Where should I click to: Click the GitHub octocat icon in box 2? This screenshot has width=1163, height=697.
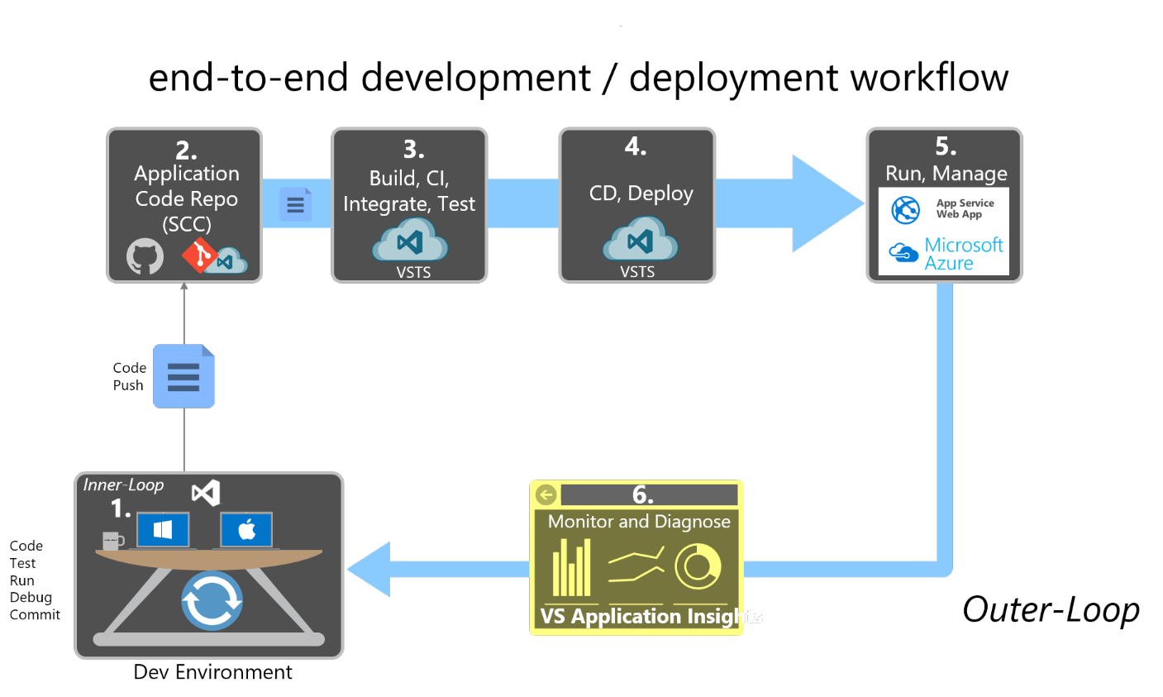pos(145,257)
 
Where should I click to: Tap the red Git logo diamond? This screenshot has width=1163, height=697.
pos(198,255)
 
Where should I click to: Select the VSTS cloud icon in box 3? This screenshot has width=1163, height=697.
pos(410,241)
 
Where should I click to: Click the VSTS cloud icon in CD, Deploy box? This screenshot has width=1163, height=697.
pos(641,241)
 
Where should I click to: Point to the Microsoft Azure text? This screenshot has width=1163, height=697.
pos(963,254)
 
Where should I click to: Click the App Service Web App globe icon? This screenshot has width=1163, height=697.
pos(906,210)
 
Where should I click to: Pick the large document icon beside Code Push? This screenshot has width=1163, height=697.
pos(184,376)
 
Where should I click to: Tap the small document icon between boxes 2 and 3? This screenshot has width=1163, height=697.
pos(295,204)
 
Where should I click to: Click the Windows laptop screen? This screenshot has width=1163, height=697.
pos(163,530)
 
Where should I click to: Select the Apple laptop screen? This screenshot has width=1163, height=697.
pos(246,530)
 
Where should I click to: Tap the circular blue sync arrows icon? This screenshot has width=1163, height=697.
pos(212,600)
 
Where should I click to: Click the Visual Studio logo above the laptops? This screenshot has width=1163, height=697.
pos(206,494)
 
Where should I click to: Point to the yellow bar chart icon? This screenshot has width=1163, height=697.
pos(572,568)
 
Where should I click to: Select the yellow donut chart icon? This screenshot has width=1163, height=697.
pos(698,566)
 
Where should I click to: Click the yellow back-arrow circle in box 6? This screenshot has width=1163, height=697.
pos(546,494)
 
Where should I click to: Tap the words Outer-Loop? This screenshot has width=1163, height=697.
pos(1051,609)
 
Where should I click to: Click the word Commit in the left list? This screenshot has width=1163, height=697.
pos(35,614)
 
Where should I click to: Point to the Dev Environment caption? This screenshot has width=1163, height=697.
pos(212,672)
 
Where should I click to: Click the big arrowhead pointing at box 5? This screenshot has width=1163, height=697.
pos(827,203)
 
